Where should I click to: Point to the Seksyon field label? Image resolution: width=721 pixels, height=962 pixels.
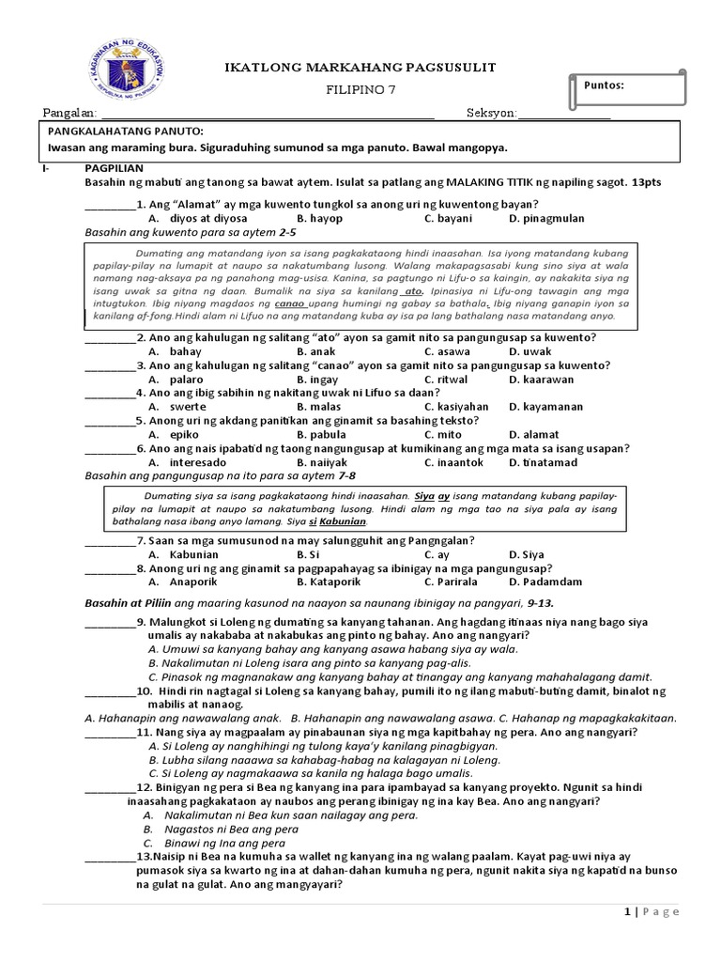coord(491,114)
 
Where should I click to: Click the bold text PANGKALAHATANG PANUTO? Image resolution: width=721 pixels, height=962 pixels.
coord(126,132)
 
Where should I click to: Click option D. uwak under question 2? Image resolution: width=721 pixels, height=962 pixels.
coord(530,350)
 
